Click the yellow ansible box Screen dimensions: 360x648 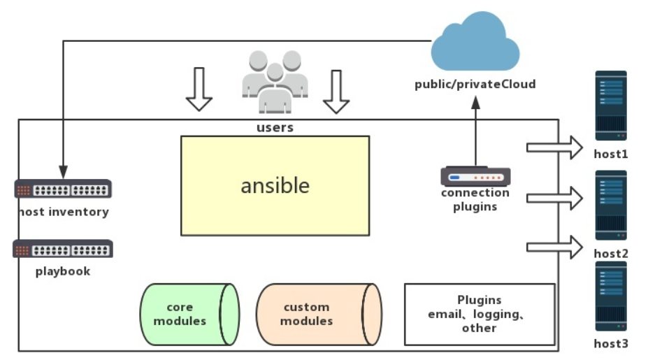[x=275, y=185]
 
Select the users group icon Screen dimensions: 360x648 [x=275, y=82]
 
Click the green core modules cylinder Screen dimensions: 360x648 [x=189, y=314]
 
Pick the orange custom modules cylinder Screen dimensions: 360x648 [x=318, y=314]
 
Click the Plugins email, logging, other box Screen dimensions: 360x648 [x=480, y=314]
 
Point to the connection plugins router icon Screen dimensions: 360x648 [x=475, y=176]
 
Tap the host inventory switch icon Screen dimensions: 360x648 [x=63, y=189]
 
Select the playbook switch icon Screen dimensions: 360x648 [x=63, y=249]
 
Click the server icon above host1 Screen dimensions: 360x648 [x=611, y=106]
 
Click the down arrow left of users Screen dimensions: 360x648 [x=199, y=90]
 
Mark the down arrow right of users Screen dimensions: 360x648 [x=336, y=92]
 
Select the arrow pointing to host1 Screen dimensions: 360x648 [x=554, y=147]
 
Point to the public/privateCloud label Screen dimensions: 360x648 [x=475, y=85]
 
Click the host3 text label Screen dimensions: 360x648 [x=611, y=343]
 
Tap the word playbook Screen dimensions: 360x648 [x=63, y=271]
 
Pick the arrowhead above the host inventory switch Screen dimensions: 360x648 [x=63, y=172]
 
